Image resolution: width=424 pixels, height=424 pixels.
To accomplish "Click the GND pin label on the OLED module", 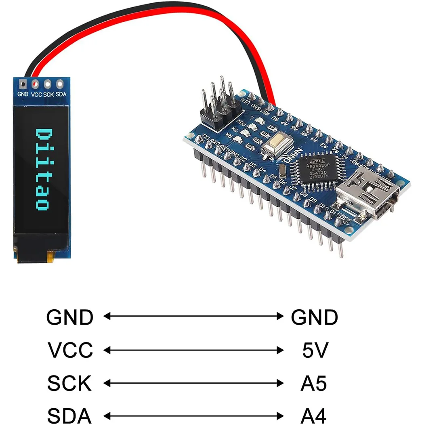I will pyautogui.click(x=23, y=94).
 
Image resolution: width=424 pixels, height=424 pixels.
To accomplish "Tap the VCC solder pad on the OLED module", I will pyautogui.click(x=36, y=84).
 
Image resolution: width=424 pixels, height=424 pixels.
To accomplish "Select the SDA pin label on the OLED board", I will pyautogui.click(x=61, y=94).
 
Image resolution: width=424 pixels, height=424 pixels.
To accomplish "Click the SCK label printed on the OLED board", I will pyautogui.click(x=48, y=94).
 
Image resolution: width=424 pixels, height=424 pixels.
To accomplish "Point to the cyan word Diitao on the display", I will pyautogui.click(x=42, y=170).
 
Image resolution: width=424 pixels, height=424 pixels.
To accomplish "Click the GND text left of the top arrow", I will pyautogui.click(x=70, y=318).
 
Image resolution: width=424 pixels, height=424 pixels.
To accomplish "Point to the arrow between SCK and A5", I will pyautogui.click(x=194, y=383).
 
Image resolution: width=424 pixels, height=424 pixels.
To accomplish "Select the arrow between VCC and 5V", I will pyautogui.click(x=194, y=350).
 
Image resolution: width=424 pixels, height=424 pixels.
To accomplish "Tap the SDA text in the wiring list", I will pyautogui.click(x=69, y=416).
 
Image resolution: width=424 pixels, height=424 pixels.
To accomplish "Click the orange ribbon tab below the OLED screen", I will pyautogui.click(x=51, y=256).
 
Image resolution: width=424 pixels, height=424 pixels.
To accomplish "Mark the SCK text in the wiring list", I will pyautogui.click(x=69, y=384).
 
